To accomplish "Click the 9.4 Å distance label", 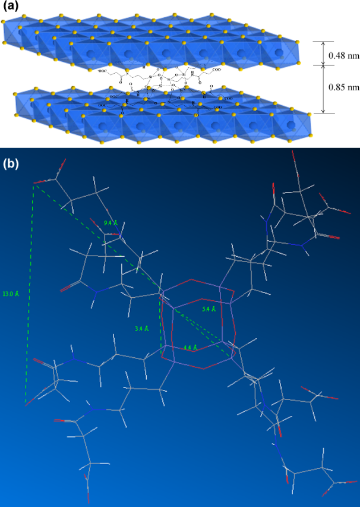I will point(110,222).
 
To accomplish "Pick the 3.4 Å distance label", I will point(141,327).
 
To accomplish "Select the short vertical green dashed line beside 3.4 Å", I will point(161,321).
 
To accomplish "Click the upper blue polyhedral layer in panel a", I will point(149,45).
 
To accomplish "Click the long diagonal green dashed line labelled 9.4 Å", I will point(95,238).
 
